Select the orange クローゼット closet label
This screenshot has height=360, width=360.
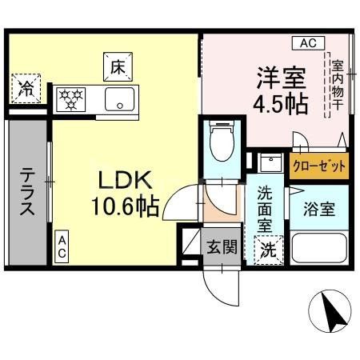pyautogui.click(x=319, y=166)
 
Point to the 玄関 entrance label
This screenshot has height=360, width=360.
pyautogui.click(x=224, y=248)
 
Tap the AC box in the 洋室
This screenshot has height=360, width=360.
pyautogui.click(x=308, y=42)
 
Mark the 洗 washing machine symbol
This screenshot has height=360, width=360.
pyautogui.click(x=270, y=248)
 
